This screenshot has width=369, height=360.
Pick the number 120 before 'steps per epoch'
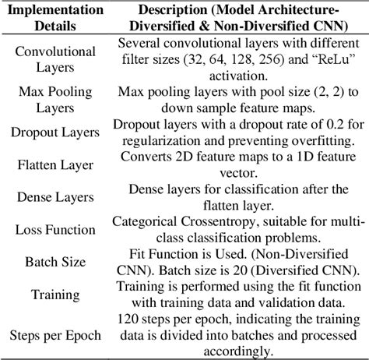pyautogui.click(x=127, y=319)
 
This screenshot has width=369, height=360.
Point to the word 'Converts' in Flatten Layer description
pyautogui.click(x=147, y=156)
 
